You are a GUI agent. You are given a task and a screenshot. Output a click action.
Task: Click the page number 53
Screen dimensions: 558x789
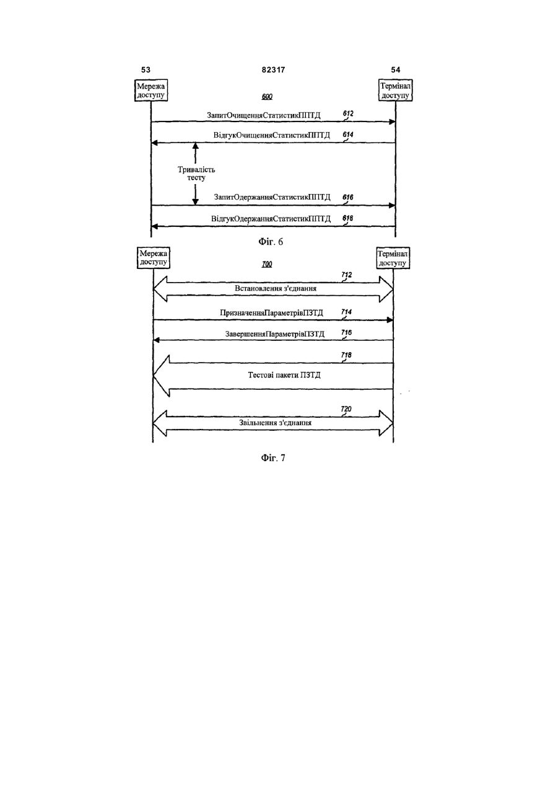(x=146, y=70)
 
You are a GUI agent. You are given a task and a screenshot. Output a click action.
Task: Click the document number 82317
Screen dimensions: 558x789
(x=274, y=70)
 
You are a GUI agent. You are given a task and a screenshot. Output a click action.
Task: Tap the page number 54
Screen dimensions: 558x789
(x=396, y=70)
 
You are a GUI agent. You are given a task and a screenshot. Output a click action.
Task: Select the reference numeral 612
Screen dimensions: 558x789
(x=348, y=113)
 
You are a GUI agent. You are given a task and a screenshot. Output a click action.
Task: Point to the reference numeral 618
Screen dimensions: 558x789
(x=348, y=218)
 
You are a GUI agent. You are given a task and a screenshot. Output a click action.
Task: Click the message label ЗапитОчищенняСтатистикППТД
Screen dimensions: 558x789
(x=264, y=115)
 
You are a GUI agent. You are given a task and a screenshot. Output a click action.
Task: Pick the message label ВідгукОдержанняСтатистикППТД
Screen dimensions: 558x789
(x=271, y=219)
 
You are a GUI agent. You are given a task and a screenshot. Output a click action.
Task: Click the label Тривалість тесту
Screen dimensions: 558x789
(x=196, y=174)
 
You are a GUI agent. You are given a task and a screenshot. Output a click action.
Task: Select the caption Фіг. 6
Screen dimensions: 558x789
(x=271, y=242)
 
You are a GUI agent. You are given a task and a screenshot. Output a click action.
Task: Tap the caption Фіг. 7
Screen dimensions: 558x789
(x=273, y=458)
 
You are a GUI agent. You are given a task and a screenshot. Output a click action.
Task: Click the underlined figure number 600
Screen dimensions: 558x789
(x=267, y=97)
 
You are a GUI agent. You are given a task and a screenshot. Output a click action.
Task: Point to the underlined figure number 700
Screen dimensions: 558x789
(x=267, y=264)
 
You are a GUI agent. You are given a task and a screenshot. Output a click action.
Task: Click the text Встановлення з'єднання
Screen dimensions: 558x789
(x=276, y=288)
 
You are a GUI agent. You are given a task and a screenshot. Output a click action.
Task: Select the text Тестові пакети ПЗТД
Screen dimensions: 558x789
(x=284, y=375)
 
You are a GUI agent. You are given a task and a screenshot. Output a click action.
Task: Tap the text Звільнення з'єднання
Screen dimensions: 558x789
(x=276, y=422)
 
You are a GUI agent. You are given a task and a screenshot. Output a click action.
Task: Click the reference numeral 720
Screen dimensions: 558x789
(x=346, y=409)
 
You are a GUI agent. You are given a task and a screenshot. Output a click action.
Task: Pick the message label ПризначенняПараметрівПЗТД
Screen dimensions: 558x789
(x=271, y=313)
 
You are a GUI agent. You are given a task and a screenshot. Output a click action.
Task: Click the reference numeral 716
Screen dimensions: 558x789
(x=346, y=332)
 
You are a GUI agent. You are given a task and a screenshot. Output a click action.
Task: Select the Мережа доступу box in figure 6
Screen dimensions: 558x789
(x=151, y=90)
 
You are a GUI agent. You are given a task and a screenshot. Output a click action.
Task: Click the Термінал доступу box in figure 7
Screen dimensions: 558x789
(x=393, y=258)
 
